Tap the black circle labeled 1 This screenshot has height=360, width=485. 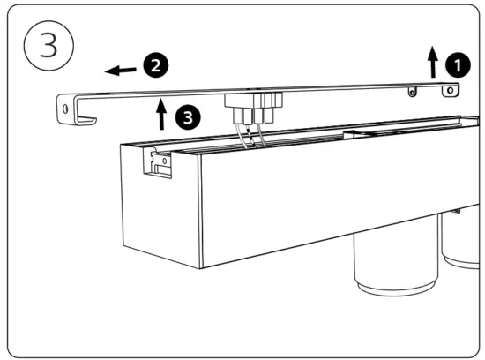(x=456, y=64)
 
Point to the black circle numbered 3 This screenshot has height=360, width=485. (x=185, y=115)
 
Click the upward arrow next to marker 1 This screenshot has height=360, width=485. (x=433, y=63)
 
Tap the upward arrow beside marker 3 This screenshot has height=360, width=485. (x=160, y=115)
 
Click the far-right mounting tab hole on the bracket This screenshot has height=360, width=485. (x=451, y=90)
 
